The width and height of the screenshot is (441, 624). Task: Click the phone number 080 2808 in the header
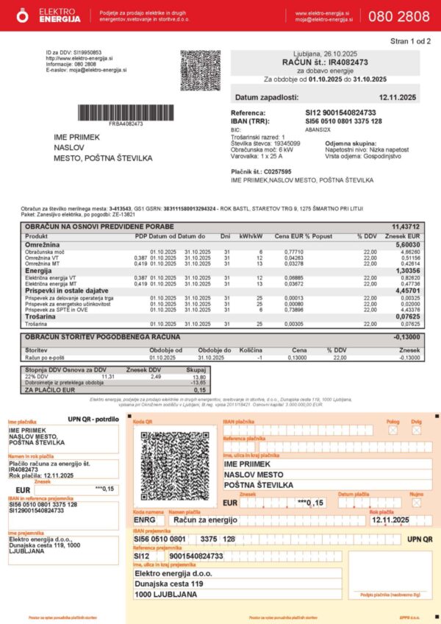click(408, 16)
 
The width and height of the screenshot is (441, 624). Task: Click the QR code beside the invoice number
click(200, 71)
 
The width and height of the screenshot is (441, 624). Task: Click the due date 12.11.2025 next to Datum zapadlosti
click(397, 97)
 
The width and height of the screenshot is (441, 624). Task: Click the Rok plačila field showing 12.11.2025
click(390, 520)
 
